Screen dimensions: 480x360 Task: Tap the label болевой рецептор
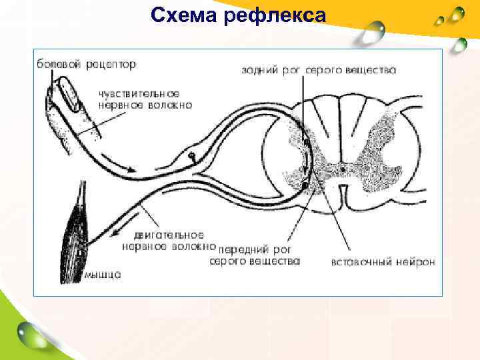point(86,64)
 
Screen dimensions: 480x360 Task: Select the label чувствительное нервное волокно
point(145,99)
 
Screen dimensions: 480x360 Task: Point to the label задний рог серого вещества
point(318,69)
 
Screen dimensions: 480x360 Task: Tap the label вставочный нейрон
point(383,261)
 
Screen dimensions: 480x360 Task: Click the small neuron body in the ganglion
point(192,157)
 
